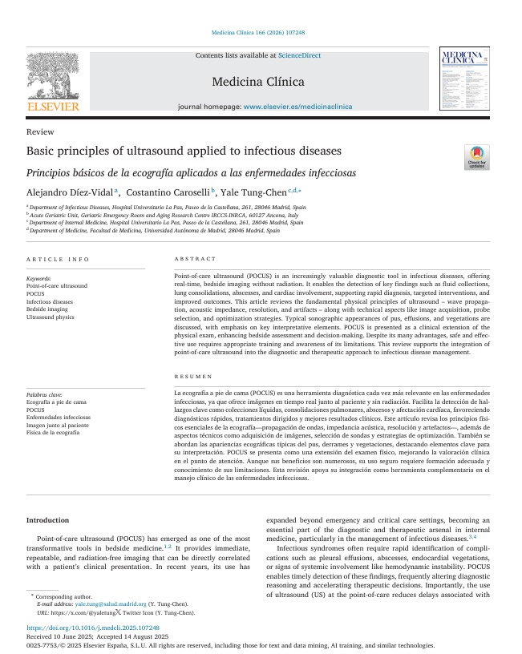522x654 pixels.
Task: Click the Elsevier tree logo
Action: pos(53,80)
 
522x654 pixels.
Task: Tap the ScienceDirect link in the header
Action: pos(299,55)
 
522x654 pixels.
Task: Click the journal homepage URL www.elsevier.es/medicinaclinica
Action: pos(297,106)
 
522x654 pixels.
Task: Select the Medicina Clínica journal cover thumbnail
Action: pos(463,79)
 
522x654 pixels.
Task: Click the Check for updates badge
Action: pos(476,156)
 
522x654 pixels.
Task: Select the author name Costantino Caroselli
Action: pos(167,192)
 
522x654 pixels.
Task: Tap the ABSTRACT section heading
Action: pos(195,259)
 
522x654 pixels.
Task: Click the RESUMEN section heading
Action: pos(193,376)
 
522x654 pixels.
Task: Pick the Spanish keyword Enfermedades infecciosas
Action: pos(59,418)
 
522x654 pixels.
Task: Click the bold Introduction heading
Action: pos(48,520)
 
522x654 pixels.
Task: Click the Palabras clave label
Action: pos(44,395)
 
